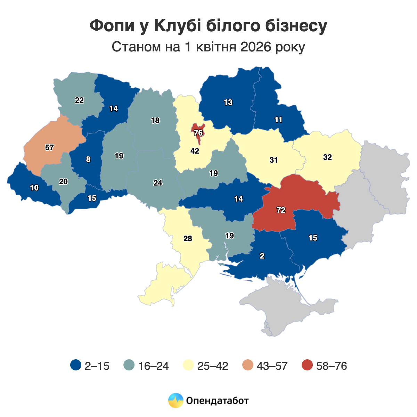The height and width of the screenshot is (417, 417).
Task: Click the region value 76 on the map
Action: (x=198, y=133)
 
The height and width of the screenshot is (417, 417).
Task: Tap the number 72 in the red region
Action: (x=281, y=210)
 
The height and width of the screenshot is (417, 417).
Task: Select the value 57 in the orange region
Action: (x=49, y=147)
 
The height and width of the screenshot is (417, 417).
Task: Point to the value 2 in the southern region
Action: (x=262, y=256)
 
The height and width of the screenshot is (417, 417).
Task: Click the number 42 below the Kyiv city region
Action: (x=195, y=151)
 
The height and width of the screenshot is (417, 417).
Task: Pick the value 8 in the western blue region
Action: (x=88, y=160)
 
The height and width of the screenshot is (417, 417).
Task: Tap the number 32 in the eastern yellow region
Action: (x=327, y=157)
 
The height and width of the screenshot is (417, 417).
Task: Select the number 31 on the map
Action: (x=273, y=160)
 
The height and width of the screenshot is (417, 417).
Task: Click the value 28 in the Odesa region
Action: (x=188, y=239)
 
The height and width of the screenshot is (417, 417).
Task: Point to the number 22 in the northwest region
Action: (x=79, y=100)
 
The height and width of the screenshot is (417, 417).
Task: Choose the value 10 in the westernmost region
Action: (x=34, y=188)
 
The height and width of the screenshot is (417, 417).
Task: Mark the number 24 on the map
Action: (x=158, y=183)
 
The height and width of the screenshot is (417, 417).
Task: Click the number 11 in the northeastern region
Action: (x=278, y=120)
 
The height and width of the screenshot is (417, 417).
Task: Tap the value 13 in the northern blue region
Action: (x=228, y=103)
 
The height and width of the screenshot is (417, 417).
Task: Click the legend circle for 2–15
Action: (x=75, y=366)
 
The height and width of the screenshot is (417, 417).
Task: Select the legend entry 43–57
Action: (x=272, y=366)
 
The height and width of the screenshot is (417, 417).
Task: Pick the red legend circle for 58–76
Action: (x=307, y=366)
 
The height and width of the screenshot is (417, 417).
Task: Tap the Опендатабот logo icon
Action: (x=175, y=400)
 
